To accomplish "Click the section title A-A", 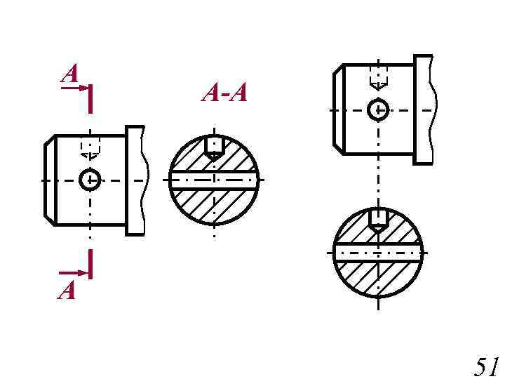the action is [x=224, y=93].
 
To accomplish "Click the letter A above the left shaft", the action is [x=70, y=73].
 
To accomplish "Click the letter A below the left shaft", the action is [x=67, y=290].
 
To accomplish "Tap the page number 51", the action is [x=486, y=366].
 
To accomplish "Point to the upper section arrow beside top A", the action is [x=74, y=88].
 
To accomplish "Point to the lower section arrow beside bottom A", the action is [x=74, y=273].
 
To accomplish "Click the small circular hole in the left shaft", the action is [x=90, y=180].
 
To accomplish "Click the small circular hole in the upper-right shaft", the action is [x=378, y=110].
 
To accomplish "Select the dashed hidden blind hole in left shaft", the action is [x=90, y=147].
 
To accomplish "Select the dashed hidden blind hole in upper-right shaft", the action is [x=379, y=77].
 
